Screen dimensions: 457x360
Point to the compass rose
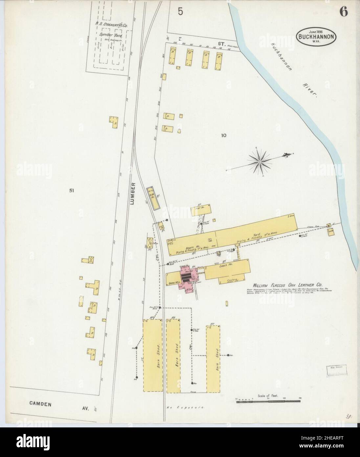tap(259, 161)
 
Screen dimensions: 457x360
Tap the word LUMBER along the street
tap(132, 194)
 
